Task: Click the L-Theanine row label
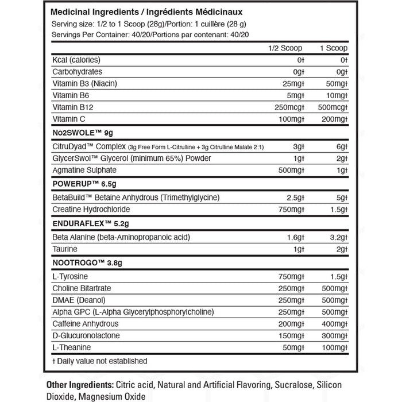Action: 69,347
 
